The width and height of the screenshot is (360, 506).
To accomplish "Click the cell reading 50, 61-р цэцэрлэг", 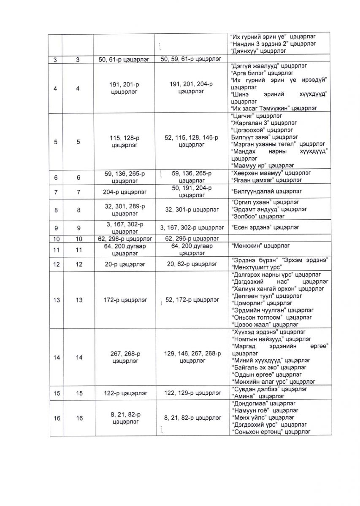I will pos(124,59).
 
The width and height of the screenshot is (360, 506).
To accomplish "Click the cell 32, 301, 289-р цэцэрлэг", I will pos(124,209).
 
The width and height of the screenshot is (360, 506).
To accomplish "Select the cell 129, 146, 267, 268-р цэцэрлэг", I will pos(192,357).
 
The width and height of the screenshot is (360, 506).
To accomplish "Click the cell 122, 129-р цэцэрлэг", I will pos(192,393).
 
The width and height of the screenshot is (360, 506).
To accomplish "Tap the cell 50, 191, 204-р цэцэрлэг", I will pos(192,191).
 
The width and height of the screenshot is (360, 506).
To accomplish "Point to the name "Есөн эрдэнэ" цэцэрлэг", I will pos(265,227).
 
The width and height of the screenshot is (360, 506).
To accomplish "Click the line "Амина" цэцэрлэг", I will pos(258,396).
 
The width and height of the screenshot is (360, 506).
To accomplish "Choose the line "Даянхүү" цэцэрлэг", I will pos(258,51).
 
